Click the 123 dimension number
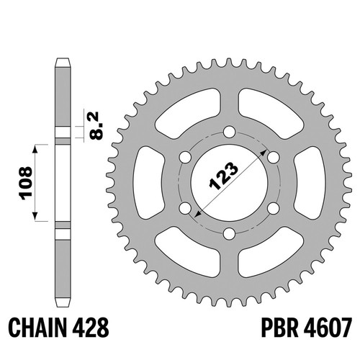tap(224, 176)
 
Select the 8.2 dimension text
tap(96, 126)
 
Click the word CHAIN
tap(37, 328)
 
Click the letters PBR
tap(279, 328)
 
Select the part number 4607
tap(328, 328)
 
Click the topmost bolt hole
tap(229, 132)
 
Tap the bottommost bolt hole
tap(229, 233)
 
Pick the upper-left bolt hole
tap(185, 158)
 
